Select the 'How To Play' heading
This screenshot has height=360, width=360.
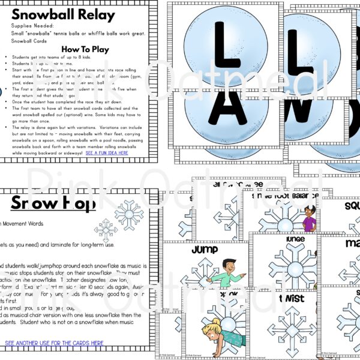click(85, 50)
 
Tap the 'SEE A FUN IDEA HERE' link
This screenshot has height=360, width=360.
click(107, 153)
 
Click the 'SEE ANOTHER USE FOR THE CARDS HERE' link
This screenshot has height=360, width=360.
click(54, 343)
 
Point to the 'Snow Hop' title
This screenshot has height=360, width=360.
click(53, 204)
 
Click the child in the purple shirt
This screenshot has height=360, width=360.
click(309, 219)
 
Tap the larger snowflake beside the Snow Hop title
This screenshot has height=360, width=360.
click(129, 213)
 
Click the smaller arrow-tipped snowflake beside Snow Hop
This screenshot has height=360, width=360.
click(106, 231)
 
